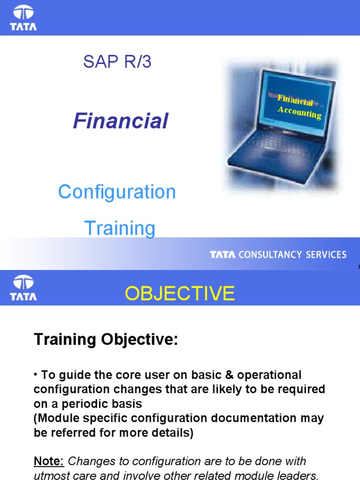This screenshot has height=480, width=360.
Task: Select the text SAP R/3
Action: (117, 61)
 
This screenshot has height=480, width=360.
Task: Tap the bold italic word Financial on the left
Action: (120, 121)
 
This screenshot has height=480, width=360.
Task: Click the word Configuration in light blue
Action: (117, 192)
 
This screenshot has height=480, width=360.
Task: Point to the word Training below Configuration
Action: (120, 228)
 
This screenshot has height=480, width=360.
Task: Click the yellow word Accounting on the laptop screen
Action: (299, 112)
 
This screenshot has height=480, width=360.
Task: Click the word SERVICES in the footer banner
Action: (326, 255)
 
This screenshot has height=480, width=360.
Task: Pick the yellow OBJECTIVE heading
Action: (180, 293)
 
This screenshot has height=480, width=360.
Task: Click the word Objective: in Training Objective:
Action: (141, 340)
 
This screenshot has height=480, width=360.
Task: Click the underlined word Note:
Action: (49, 462)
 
